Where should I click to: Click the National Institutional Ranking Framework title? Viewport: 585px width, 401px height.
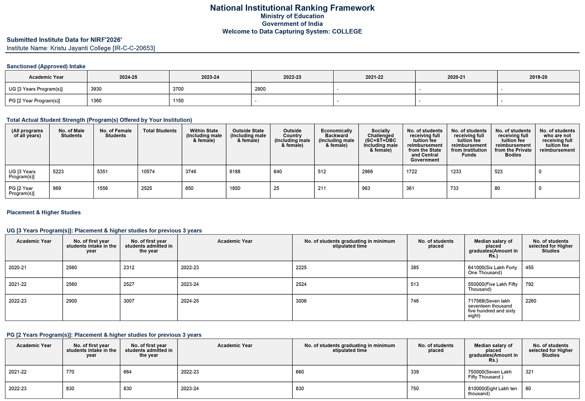292,8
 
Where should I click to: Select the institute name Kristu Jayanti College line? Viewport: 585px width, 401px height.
81,48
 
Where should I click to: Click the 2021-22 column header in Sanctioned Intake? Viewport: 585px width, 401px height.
374,77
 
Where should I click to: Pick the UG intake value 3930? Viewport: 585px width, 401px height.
96,89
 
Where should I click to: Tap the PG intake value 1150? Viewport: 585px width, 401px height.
178,101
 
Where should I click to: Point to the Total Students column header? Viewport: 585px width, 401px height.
159,131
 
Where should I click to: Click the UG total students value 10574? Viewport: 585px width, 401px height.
148,172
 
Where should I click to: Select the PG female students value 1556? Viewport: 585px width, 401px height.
102,188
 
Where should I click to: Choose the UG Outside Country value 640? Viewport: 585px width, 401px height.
278,172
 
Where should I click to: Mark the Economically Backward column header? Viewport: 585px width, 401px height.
336,138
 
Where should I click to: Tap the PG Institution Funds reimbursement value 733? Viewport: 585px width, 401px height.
454,188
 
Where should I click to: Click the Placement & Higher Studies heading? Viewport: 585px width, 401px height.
43,213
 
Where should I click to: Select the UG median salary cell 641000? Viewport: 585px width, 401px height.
493,270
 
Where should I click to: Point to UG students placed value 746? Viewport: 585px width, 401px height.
415,301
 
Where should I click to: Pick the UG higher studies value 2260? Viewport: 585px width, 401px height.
531,301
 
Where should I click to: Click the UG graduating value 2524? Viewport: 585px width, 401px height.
301,284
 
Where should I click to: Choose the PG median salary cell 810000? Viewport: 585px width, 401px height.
493,391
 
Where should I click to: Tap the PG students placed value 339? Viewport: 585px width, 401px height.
415,372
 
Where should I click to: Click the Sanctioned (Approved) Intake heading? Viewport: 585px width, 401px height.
46,66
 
